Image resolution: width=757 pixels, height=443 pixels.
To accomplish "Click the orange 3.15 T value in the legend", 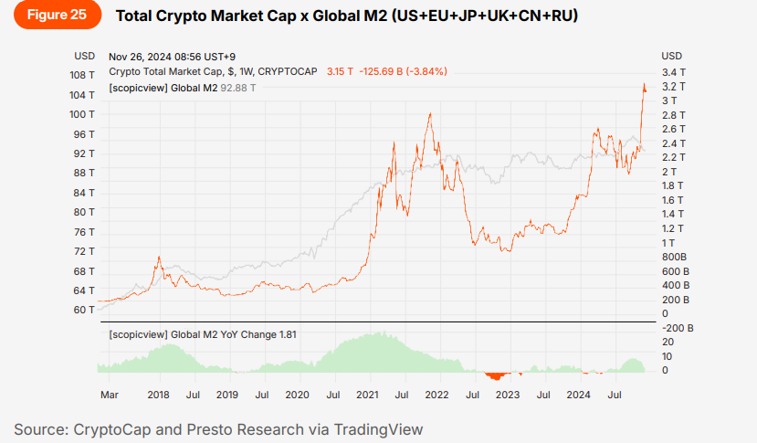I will (x=340, y=71).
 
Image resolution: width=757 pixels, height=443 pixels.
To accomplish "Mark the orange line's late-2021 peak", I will (x=430, y=114).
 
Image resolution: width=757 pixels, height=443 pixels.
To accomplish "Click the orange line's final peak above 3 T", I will (x=644, y=85).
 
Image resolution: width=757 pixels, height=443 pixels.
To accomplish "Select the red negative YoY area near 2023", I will (x=497, y=374).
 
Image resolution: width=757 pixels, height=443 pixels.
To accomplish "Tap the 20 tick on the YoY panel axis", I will (x=668, y=342).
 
